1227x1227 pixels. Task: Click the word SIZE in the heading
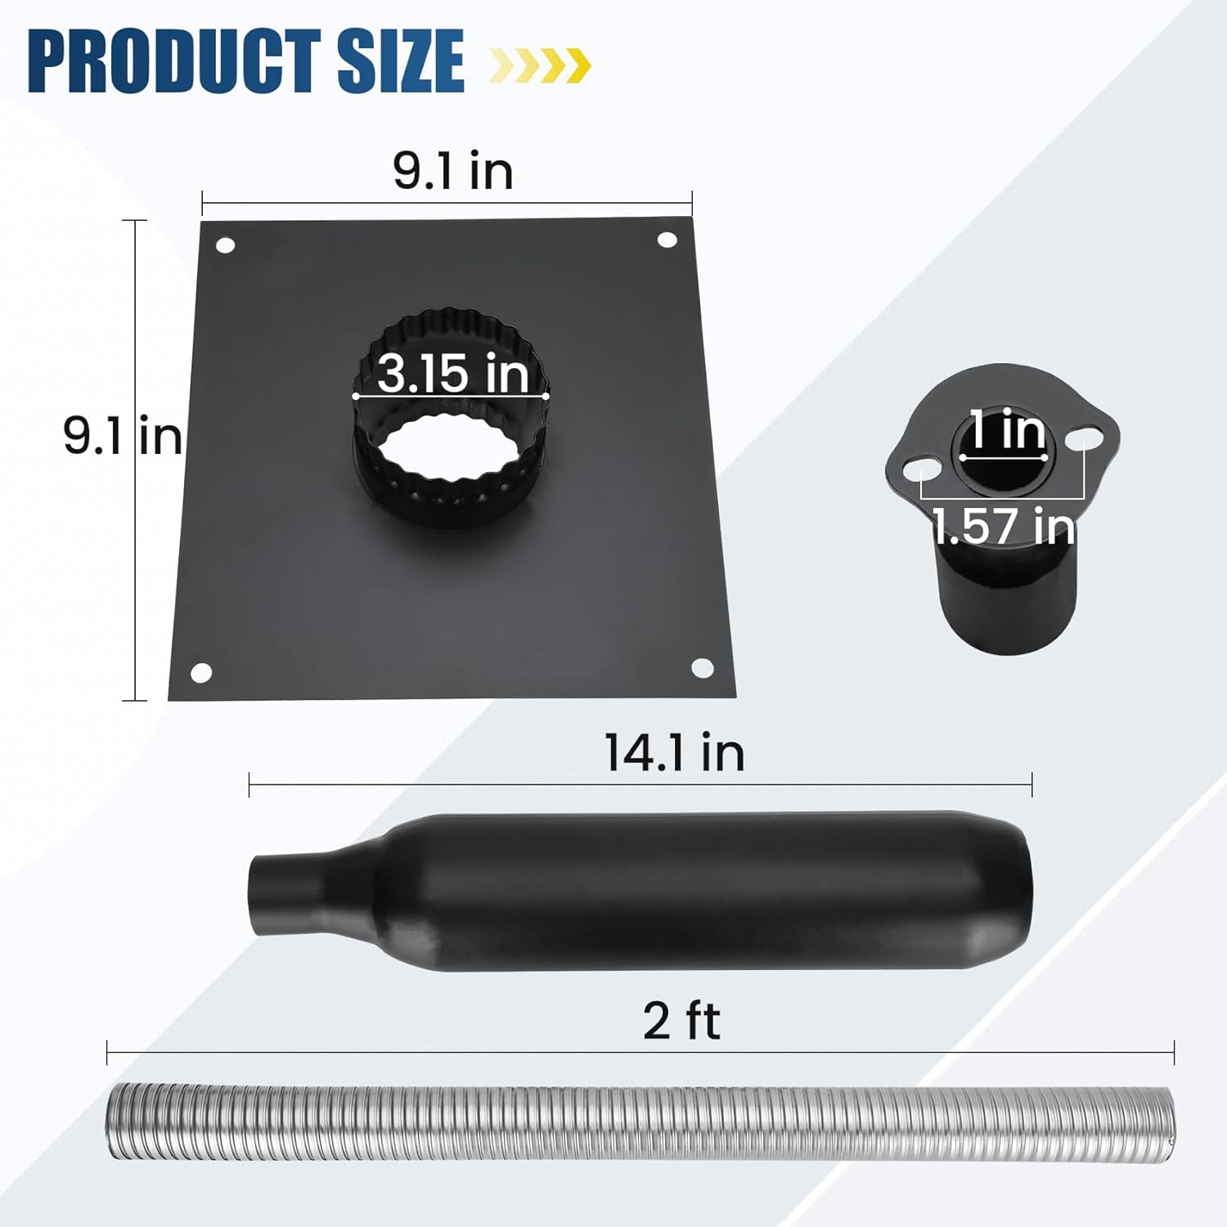(x=400, y=61)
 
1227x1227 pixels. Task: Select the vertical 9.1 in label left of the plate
(x=123, y=434)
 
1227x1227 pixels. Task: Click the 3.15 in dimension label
(x=452, y=373)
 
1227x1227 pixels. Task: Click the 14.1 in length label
(x=674, y=753)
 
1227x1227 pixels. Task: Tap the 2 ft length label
(x=681, y=1021)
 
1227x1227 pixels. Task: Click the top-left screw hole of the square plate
(x=225, y=245)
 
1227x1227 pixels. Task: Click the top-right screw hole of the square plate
(x=667, y=240)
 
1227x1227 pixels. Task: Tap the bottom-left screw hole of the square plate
(x=201, y=673)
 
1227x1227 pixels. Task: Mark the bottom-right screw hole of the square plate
(x=702, y=667)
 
